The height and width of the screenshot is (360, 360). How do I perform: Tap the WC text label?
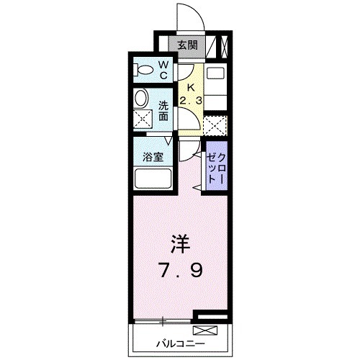[163, 70]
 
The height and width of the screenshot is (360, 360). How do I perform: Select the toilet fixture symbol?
[145, 71]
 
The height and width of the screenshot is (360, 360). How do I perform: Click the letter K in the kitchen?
[190, 87]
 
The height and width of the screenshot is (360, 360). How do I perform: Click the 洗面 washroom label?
[165, 109]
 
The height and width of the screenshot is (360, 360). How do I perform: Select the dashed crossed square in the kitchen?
[215, 125]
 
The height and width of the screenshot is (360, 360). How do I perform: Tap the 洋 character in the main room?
[181, 243]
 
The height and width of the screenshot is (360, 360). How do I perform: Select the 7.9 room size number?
[181, 271]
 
